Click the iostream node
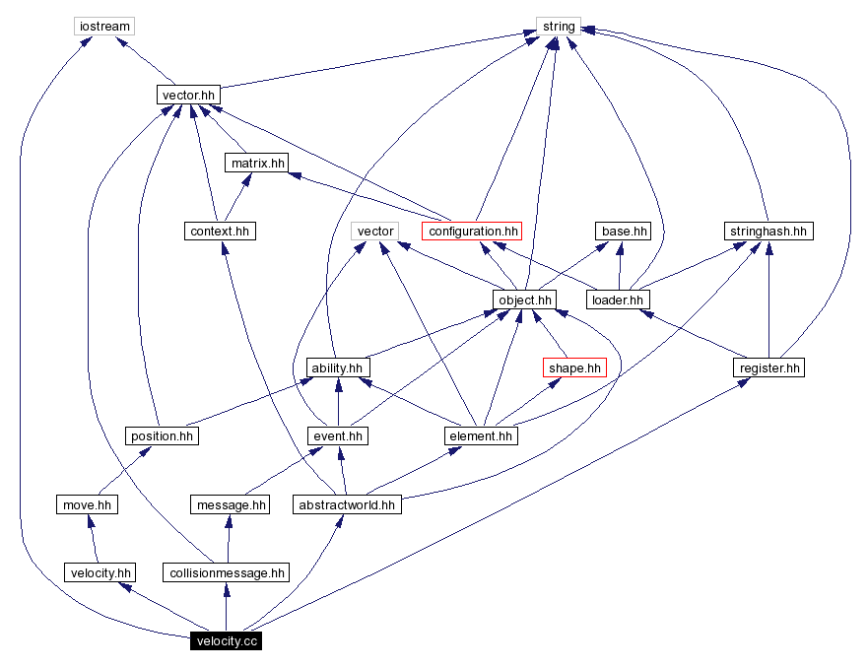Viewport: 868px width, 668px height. tap(103, 26)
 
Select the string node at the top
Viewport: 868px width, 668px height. tap(558, 26)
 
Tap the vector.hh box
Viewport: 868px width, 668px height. tap(186, 95)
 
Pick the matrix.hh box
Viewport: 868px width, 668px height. tap(257, 163)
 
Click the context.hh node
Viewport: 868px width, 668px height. tap(219, 232)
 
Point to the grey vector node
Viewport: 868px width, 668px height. tap(375, 232)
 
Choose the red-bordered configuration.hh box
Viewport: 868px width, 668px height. tap(472, 232)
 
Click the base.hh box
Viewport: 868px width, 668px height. tap(624, 232)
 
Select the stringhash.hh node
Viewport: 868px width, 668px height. tap(768, 232)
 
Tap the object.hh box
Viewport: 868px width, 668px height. tap(525, 299)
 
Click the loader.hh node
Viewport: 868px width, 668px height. tap(618, 299)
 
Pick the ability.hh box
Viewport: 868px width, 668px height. tap(337, 367)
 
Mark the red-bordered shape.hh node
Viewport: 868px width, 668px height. tap(573, 367)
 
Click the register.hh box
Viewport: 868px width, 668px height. tap(768, 367)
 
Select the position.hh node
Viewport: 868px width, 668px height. tap(162, 435)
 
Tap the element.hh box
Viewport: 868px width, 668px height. tap(481, 435)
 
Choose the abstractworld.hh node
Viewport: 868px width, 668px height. tap(347, 504)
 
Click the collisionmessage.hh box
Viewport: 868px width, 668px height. tap(228, 572)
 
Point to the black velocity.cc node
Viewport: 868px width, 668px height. tap(228, 641)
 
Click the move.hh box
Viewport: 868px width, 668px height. tap(86, 504)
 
